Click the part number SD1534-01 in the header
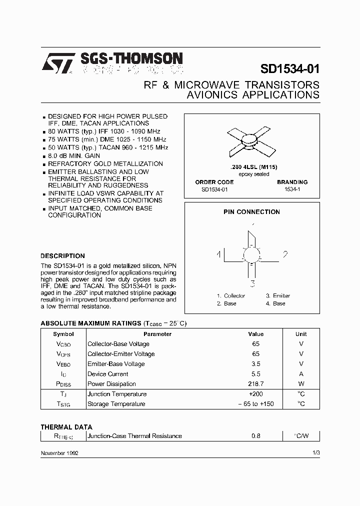[x=290, y=69]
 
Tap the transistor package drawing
[x=251, y=142]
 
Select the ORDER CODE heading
[x=214, y=182]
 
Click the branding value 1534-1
[x=292, y=190]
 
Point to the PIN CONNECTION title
[x=251, y=212]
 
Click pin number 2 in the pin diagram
[x=285, y=254]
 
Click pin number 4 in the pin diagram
[x=218, y=254]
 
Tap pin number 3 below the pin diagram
[x=252, y=283]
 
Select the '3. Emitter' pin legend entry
[x=277, y=295]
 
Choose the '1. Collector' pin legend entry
[x=230, y=295]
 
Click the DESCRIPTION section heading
[x=62, y=256]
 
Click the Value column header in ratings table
[x=255, y=334]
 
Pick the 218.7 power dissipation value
[x=255, y=384]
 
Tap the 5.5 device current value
[x=255, y=374]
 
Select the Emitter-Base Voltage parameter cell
[x=116, y=364]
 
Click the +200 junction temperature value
[x=255, y=394]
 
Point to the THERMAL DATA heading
[x=66, y=427]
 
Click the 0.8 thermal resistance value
[x=255, y=436]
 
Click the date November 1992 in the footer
[x=59, y=452]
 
